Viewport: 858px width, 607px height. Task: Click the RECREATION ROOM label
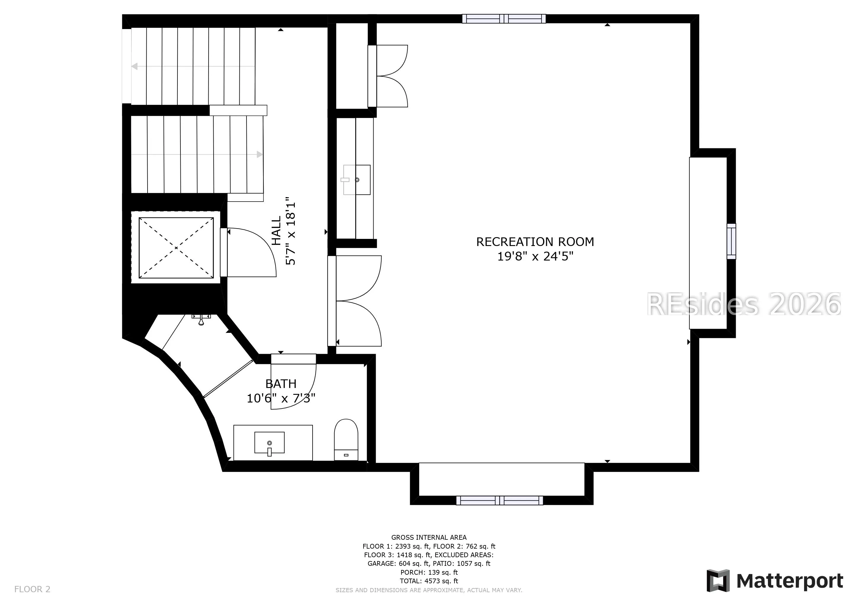[x=535, y=242]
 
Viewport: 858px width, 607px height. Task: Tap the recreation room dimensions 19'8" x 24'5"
[x=535, y=256]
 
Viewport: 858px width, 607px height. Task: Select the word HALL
[x=276, y=231]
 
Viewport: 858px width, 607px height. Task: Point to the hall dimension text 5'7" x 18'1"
[x=291, y=231]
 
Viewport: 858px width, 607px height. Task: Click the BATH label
[x=281, y=384]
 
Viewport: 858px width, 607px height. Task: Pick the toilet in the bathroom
[x=346, y=440]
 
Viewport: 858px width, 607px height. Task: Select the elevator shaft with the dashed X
[x=176, y=247]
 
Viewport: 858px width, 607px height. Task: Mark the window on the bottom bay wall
[x=500, y=501]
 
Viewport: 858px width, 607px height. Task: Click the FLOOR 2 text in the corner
[x=32, y=590]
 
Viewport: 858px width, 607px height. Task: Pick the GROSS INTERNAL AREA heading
[x=429, y=537]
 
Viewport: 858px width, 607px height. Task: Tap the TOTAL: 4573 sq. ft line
[x=429, y=581]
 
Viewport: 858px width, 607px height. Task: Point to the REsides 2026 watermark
[x=744, y=304]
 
